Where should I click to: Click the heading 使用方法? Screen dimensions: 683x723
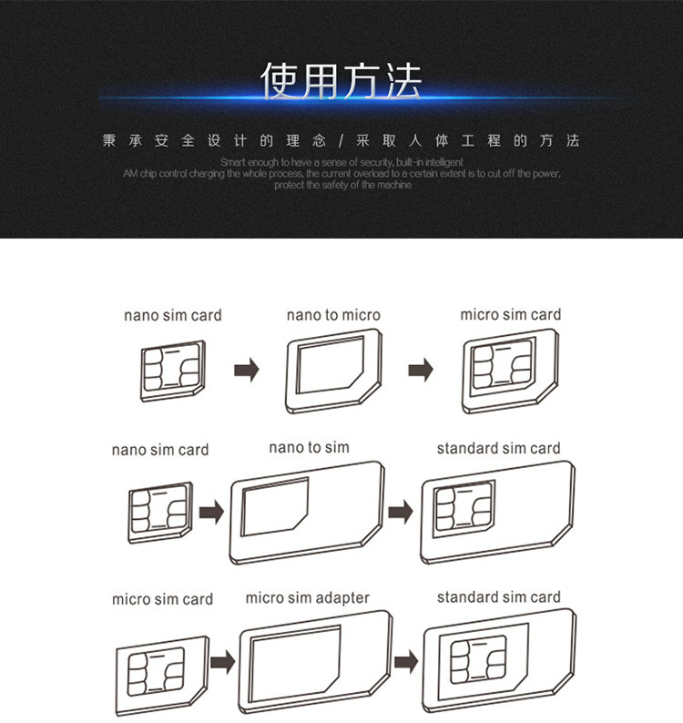click(341, 83)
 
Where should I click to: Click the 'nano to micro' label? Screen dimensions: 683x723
click(333, 315)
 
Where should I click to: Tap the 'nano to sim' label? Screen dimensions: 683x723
click(309, 447)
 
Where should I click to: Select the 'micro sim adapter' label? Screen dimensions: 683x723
click(307, 598)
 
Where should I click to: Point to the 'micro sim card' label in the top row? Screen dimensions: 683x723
click(510, 315)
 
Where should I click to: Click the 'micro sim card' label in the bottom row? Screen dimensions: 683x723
click(162, 599)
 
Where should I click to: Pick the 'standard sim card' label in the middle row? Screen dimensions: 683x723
click(498, 448)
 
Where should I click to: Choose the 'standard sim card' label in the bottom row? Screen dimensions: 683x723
click(498, 597)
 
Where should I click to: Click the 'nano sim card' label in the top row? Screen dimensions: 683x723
click(173, 315)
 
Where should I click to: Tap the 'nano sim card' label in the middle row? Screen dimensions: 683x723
click(160, 450)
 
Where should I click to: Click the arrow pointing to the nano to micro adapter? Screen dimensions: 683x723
click(247, 371)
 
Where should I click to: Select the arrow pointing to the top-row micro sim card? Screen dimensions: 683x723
click(419, 371)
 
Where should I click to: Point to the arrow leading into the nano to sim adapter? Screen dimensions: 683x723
click(211, 513)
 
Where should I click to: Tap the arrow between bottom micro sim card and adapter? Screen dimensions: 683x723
click(221, 661)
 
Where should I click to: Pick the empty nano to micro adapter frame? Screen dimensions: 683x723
click(333, 372)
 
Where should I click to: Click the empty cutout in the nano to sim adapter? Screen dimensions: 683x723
click(275, 505)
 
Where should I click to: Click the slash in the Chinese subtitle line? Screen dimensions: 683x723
click(341, 141)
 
